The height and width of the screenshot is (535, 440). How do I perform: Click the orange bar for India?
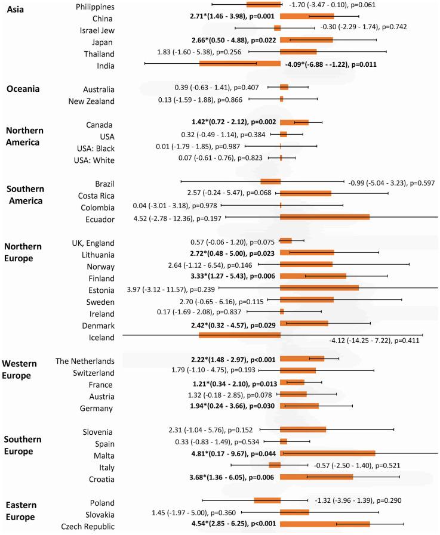coord(239,63)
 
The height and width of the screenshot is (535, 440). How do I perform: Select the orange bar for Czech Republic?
coord(325,524)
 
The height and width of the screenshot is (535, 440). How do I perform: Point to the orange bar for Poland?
coord(267,500)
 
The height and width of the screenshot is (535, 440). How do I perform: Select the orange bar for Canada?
coord(294,122)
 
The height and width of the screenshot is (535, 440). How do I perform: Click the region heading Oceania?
coord(23,89)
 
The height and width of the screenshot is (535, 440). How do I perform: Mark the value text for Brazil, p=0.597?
coord(392,183)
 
